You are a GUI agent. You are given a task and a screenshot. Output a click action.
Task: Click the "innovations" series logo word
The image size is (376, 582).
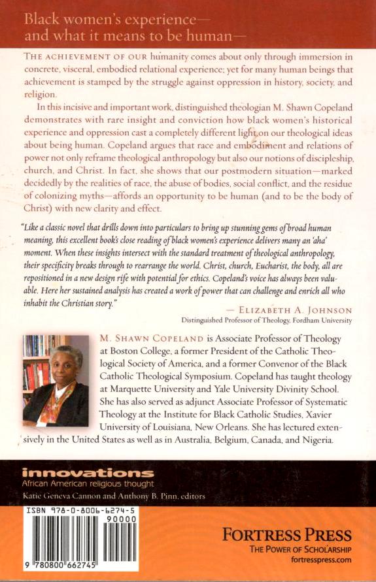pos(88,473)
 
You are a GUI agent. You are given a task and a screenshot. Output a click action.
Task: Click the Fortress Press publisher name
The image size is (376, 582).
pos(287,535)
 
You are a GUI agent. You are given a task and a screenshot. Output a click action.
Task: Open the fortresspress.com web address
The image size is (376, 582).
pos(318,560)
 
